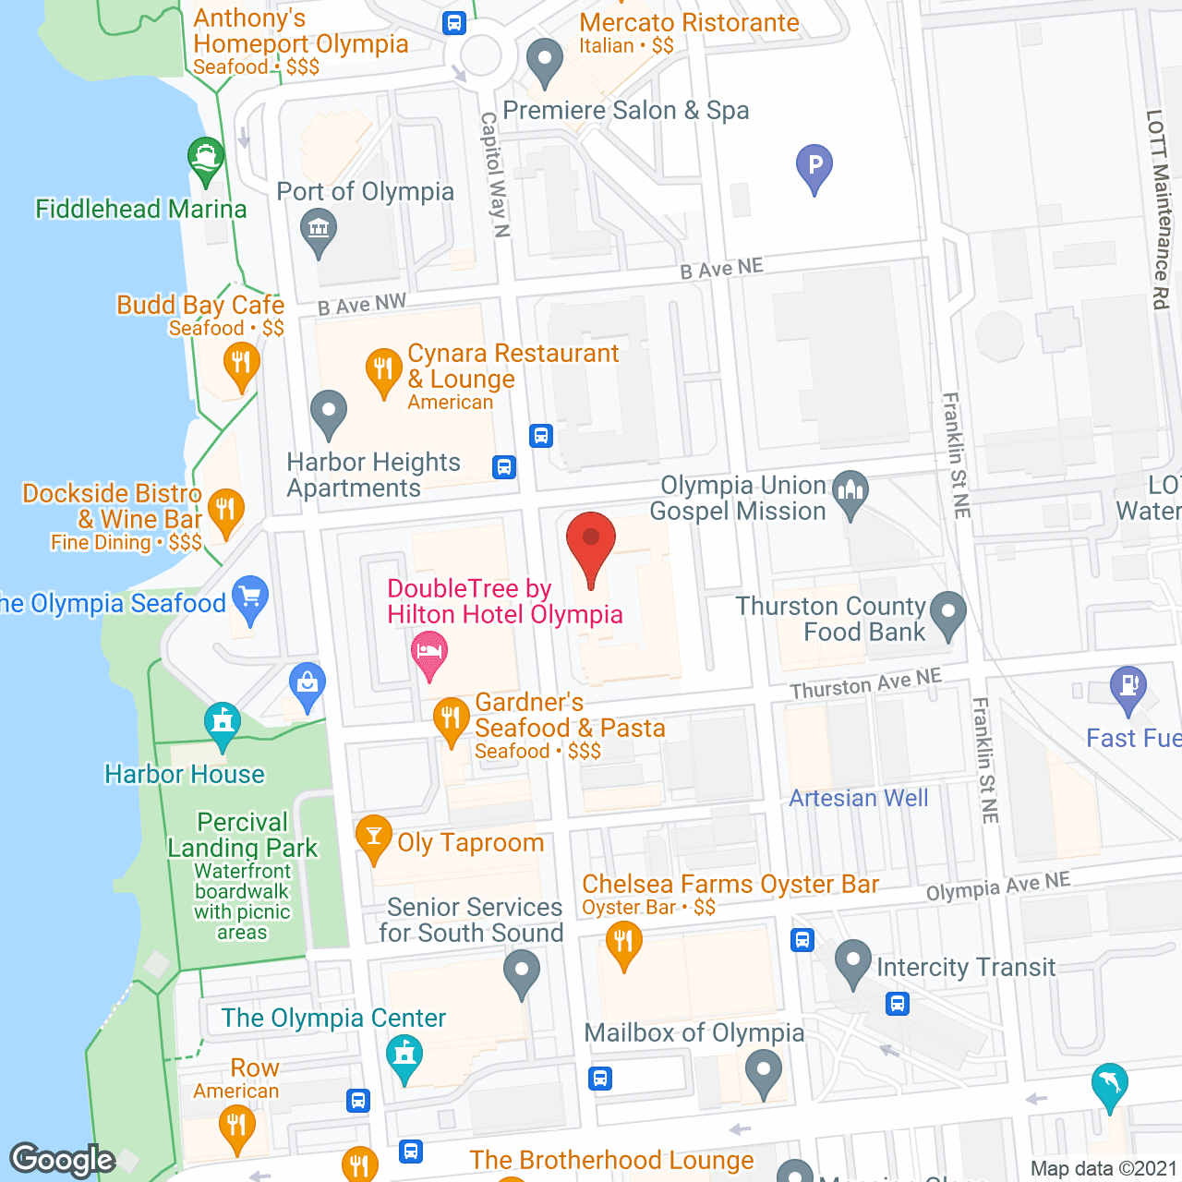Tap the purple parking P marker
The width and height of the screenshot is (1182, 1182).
point(814,167)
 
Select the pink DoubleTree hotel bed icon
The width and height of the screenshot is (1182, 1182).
point(429,653)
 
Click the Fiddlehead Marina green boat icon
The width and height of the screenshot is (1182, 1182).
point(205,159)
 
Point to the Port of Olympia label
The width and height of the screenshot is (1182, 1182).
point(366,192)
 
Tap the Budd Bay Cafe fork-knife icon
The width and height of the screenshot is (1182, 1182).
point(241,363)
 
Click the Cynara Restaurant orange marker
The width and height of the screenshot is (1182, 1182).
point(383,371)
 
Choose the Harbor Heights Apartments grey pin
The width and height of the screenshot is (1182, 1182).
point(328,413)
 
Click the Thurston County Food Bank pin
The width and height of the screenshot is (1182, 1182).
point(948,614)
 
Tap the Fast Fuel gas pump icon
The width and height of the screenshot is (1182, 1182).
point(1128,688)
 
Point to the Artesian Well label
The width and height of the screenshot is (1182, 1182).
point(859,798)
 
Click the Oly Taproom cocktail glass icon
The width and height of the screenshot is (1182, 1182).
point(374,838)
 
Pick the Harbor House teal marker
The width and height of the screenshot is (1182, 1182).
point(223,725)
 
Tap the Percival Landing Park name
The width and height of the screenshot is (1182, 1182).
point(243,835)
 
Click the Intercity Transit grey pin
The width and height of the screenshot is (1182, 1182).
point(853,962)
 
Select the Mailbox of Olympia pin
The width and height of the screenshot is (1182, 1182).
point(764,1074)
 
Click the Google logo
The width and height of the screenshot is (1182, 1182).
point(62,1160)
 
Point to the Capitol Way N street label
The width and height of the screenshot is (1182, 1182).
point(495,175)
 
